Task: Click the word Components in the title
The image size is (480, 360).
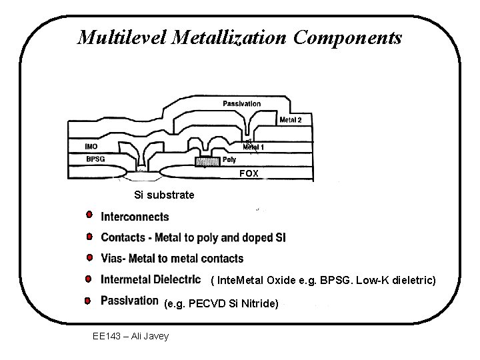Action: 347,37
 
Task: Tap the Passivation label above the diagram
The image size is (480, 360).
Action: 241,103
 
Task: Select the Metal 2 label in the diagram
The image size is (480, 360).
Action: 291,120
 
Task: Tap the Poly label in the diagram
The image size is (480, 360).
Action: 229,160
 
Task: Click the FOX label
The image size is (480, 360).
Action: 251,174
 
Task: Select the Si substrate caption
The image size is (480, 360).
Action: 164,195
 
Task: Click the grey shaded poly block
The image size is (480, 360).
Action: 207,161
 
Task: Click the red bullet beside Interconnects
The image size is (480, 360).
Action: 88,215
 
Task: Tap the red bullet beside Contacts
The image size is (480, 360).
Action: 88,236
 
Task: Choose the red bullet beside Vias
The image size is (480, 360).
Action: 88,257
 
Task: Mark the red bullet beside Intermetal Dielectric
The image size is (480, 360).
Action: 88,277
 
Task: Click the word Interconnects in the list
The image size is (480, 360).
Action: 135,217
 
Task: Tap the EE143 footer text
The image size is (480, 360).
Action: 107,335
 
